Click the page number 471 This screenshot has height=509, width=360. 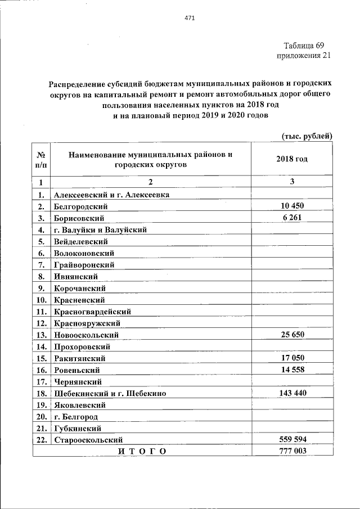[190, 19]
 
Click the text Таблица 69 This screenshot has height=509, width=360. [304, 45]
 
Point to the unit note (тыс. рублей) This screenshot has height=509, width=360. [307, 136]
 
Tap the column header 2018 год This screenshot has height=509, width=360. [292, 159]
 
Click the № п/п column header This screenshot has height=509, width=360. [40, 159]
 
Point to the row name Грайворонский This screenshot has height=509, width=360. [84, 264]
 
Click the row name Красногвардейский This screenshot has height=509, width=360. [93, 311]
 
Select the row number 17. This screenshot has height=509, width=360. [40, 381]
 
